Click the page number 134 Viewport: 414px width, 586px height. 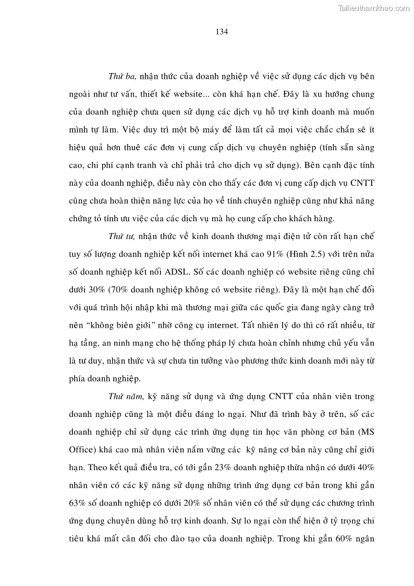(x=222, y=31)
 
